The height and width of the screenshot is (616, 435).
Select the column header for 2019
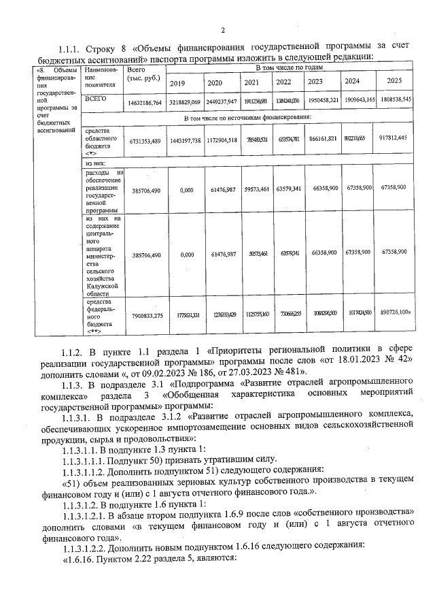(177, 82)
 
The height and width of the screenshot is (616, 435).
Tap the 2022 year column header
(283, 82)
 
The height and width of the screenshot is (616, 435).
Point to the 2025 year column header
(395, 82)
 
